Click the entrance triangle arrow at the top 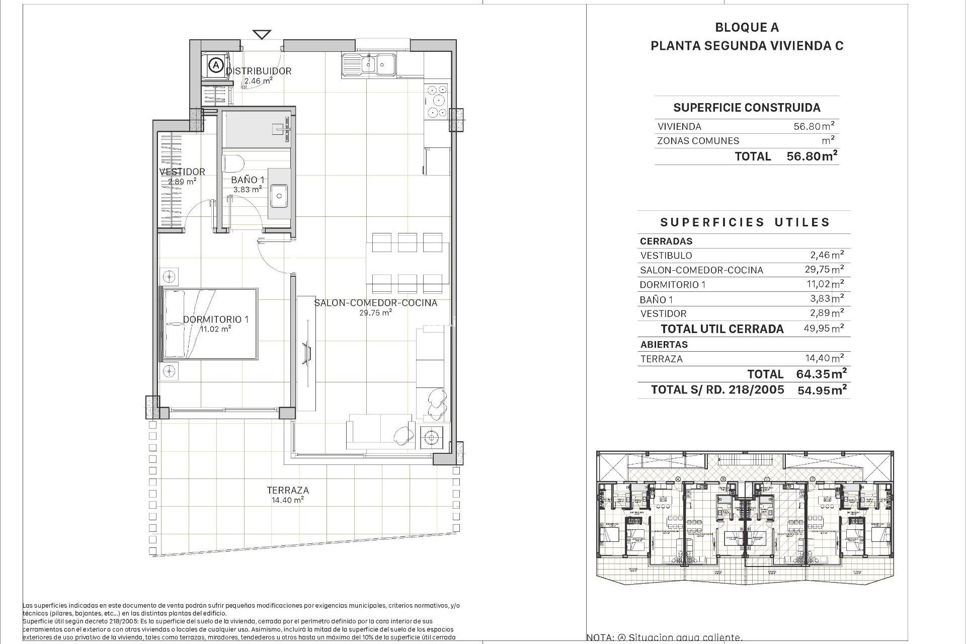pyautogui.click(x=262, y=34)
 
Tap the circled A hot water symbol pyautogui.click(x=216, y=65)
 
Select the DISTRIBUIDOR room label pyautogui.click(x=259, y=71)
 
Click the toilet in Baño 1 pyautogui.click(x=233, y=163)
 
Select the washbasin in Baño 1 pyautogui.click(x=279, y=195)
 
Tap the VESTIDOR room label pyautogui.click(x=182, y=172)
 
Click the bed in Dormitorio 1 pyautogui.click(x=208, y=324)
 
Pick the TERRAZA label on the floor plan pyautogui.click(x=288, y=490)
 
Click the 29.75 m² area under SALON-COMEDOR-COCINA pyautogui.click(x=375, y=312)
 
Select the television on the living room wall pyautogui.click(x=306, y=352)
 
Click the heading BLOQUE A pyautogui.click(x=747, y=28)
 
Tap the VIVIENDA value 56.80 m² pyautogui.click(x=814, y=126)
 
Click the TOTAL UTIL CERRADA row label pyautogui.click(x=722, y=329)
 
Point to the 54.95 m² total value pyautogui.click(x=821, y=390)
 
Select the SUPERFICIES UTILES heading pyautogui.click(x=745, y=222)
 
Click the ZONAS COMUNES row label pyautogui.click(x=698, y=141)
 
